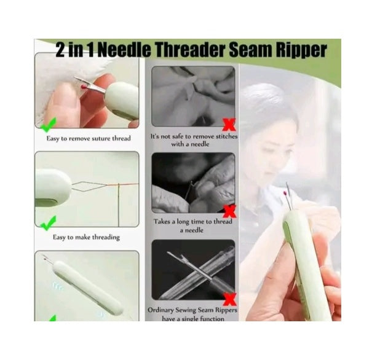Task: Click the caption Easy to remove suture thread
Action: click(89, 138)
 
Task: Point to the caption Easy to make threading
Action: click(86, 237)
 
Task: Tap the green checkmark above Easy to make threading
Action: click(49, 222)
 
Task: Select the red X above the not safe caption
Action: click(229, 125)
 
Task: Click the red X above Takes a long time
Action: click(229, 212)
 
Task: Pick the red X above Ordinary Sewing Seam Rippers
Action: click(229, 299)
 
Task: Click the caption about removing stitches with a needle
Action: click(193, 139)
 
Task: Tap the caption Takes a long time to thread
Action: click(193, 226)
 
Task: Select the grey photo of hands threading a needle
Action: click(193, 182)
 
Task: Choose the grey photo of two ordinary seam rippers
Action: click(193, 270)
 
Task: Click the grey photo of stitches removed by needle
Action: click(193, 96)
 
